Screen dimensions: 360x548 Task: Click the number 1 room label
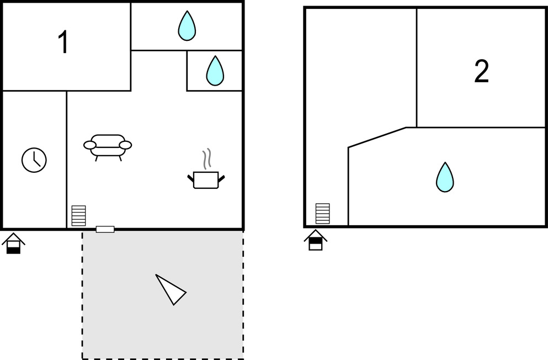63,43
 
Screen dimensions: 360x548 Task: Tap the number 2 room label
481,72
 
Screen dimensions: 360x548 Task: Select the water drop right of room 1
187,26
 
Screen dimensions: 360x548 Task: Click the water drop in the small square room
215,71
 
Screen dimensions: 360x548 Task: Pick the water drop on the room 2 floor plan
445,177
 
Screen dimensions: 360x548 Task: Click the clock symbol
34,160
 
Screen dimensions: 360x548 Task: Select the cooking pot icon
206,179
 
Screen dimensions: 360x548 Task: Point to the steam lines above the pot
207,159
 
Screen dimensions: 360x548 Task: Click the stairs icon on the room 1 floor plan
79,216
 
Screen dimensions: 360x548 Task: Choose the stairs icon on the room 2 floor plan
323,214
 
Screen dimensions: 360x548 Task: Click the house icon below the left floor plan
14,243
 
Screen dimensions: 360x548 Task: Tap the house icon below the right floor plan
315,241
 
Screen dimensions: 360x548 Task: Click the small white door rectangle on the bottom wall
105,229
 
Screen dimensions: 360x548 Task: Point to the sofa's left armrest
90,145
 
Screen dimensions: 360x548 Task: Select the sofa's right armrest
125,145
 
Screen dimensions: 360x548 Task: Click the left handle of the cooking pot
191,177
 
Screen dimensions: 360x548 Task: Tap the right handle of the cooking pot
222,177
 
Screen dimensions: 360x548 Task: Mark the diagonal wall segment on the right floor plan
377,137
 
